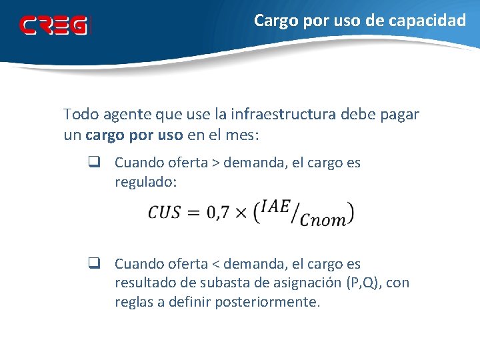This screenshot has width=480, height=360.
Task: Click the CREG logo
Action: click(x=53, y=25)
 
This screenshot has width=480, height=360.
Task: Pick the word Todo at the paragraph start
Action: click(x=80, y=114)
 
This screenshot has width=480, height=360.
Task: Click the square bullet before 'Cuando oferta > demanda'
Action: click(x=93, y=163)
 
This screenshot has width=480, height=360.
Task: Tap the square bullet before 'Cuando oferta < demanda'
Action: click(x=93, y=264)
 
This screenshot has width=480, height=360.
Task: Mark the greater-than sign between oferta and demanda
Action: click(x=215, y=163)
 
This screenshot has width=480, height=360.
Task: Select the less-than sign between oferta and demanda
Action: click(x=215, y=265)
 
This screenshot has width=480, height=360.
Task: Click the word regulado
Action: click(x=143, y=182)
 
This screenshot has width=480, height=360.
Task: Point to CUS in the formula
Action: click(x=165, y=213)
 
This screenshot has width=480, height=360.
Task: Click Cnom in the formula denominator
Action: click(x=323, y=221)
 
